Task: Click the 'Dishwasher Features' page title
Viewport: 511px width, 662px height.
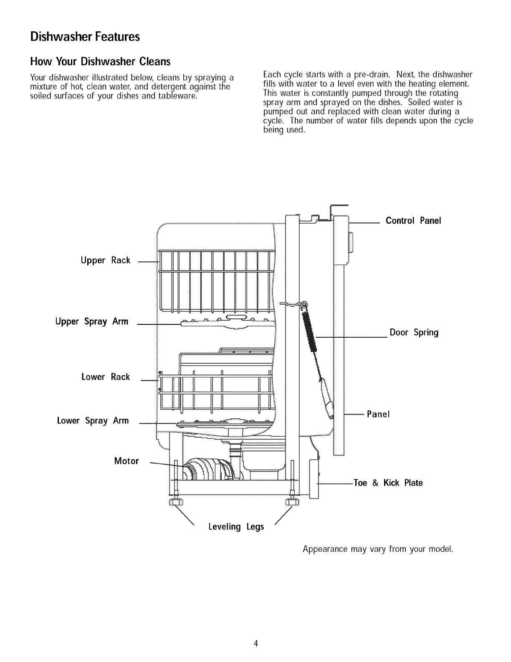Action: [x=84, y=37]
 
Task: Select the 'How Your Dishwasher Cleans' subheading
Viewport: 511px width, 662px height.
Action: [x=100, y=62]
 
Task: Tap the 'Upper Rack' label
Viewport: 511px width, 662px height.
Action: [x=105, y=261]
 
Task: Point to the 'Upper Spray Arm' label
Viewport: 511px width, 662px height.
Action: [x=92, y=322]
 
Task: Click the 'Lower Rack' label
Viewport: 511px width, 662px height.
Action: [x=105, y=377]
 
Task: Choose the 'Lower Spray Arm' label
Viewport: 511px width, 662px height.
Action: [x=93, y=421]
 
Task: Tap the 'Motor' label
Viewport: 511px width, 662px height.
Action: [x=126, y=461]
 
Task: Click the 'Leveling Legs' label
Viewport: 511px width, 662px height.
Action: [x=236, y=527]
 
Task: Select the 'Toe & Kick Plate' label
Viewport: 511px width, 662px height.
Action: [x=388, y=483]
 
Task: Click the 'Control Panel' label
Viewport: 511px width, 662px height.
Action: [x=413, y=221]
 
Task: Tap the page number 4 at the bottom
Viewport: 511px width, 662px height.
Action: [x=255, y=644]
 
